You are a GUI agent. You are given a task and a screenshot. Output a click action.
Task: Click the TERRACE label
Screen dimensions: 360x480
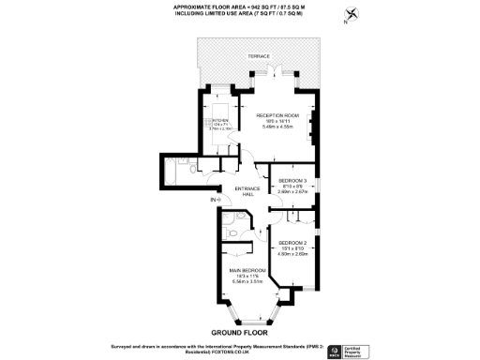[x=259, y=57]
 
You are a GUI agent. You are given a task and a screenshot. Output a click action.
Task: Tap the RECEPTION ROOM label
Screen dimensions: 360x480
[x=277, y=115]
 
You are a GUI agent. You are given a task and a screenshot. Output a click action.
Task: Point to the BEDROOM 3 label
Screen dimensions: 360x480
[x=292, y=179]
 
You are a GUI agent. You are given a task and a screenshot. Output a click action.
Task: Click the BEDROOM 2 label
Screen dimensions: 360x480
[x=292, y=241]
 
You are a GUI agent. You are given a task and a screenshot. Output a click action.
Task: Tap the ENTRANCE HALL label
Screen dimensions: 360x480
[x=247, y=190]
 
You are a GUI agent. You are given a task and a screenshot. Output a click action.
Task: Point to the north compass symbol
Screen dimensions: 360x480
[x=352, y=14]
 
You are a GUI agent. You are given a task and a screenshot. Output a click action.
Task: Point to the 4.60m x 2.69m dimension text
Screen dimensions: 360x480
[x=292, y=253]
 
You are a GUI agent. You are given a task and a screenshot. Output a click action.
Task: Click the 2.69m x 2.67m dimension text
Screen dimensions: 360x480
[x=292, y=190]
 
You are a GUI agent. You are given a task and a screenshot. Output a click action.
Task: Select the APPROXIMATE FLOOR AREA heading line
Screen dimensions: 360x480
[x=239, y=7]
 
